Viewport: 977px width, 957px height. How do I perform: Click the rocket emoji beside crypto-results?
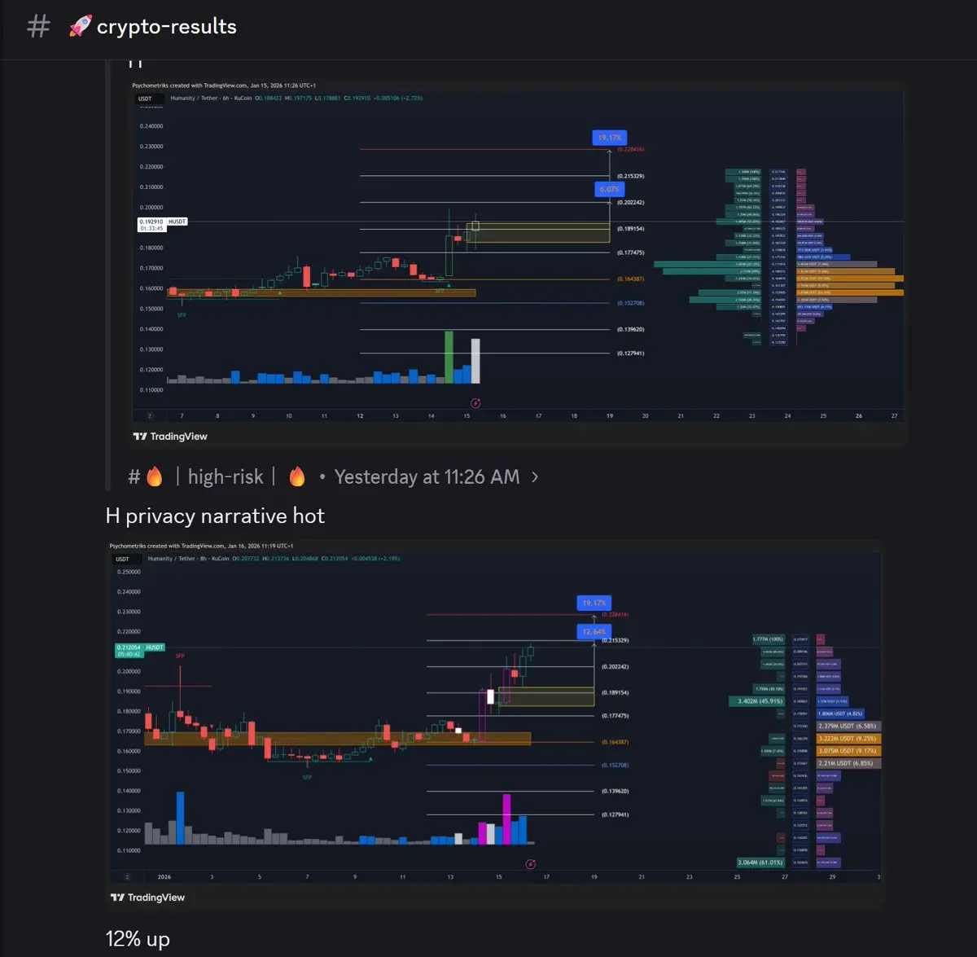pyautogui.click(x=80, y=26)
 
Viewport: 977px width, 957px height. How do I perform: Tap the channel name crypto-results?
pyautogui.click(x=166, y=27)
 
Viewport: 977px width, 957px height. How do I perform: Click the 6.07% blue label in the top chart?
pyautogui.click(x=609, y=189)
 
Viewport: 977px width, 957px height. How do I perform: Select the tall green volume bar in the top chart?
pyautogui.click(x=449, y=357)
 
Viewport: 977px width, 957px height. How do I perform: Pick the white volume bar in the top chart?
pyautogui.click(x=475, y=361)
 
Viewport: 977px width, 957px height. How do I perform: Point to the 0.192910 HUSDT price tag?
pyautogui.click(x=162, y=222)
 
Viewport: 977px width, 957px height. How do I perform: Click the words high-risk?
pyautogui.click(x=226, y=476)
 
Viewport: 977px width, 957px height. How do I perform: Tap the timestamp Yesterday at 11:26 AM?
pyautogui.click(x=427, y=476)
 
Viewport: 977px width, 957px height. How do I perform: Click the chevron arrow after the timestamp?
pyautogui.click(x=535, y=476)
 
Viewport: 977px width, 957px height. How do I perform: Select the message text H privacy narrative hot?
pyautogui.click(x=215, y=516)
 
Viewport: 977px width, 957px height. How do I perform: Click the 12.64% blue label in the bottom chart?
pyautogui.click(x=594, y=631)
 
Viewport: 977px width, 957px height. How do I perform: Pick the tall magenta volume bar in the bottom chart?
pyautogui.click(x=506, y=819)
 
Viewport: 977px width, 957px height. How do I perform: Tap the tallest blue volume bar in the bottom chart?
pyautogui.click(x=180, y=818)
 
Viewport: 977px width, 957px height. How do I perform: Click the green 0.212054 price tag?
pyautogui.click(x=140, y=650)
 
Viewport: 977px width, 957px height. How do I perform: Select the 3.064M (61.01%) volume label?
pyautogui.click(x=760, y=863)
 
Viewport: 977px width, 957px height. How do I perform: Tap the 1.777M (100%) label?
pyautogui.click(x=769, y=639)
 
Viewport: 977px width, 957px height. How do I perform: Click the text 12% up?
pyautogui.click(x=138, y=939)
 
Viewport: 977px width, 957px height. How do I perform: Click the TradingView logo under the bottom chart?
pyautogui.click(x=147, y=898)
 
